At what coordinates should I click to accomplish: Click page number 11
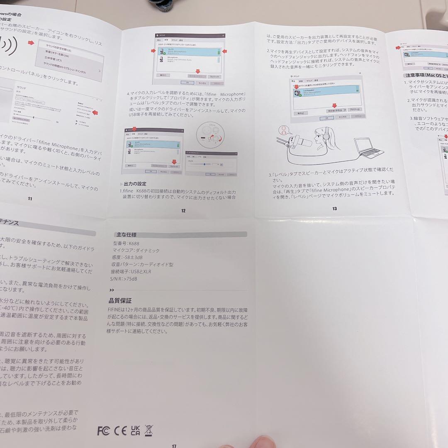click(x=30, y=198)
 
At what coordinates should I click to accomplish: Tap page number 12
click(x=183, y=211)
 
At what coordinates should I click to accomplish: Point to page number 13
click(x=334, y=208)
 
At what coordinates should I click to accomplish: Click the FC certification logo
click(x=104, y=431)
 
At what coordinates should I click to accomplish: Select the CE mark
click(x=120, y=431)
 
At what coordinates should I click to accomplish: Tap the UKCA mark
click(x=135, y=430)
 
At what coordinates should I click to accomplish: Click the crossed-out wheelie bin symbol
click(x=149, y=430)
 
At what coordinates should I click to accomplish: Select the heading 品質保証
click(x=120, y=301)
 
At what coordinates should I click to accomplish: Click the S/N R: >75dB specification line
click(x=124, y=279)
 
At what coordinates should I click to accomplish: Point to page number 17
click(x=174, y=446)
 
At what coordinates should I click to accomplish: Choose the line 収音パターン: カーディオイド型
click(x=142, y=264)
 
